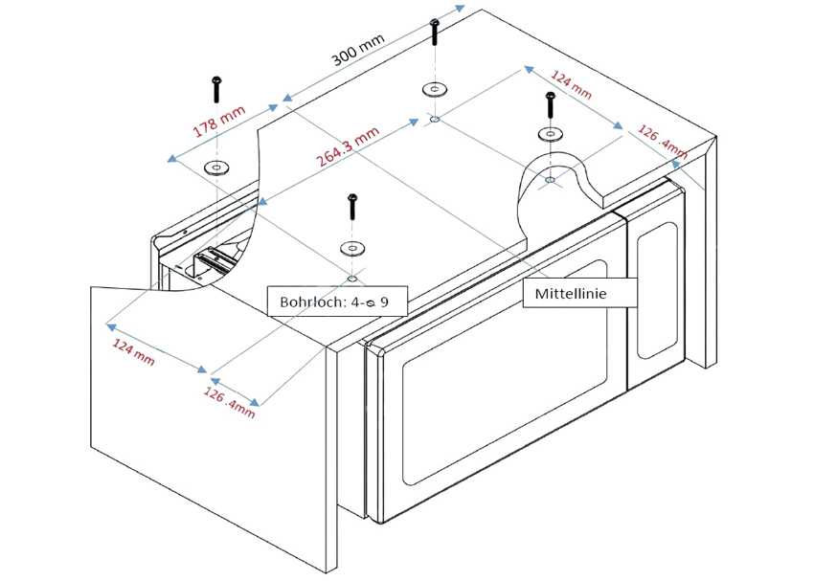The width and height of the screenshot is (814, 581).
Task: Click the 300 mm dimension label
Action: point(358,49)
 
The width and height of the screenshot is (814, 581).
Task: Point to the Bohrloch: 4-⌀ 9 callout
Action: point(334,302)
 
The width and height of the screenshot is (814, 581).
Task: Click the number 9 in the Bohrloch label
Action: point(384,302)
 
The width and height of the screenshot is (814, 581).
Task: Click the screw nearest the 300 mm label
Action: point(435,33)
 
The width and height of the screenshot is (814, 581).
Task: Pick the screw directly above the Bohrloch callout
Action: point(351,209)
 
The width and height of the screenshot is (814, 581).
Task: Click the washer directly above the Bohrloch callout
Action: point(351,249)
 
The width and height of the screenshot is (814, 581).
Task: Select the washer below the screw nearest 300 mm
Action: point(434,90)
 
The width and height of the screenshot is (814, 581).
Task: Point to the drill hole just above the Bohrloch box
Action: point(352,279)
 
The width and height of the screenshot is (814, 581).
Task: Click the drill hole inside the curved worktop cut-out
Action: point(549,179)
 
